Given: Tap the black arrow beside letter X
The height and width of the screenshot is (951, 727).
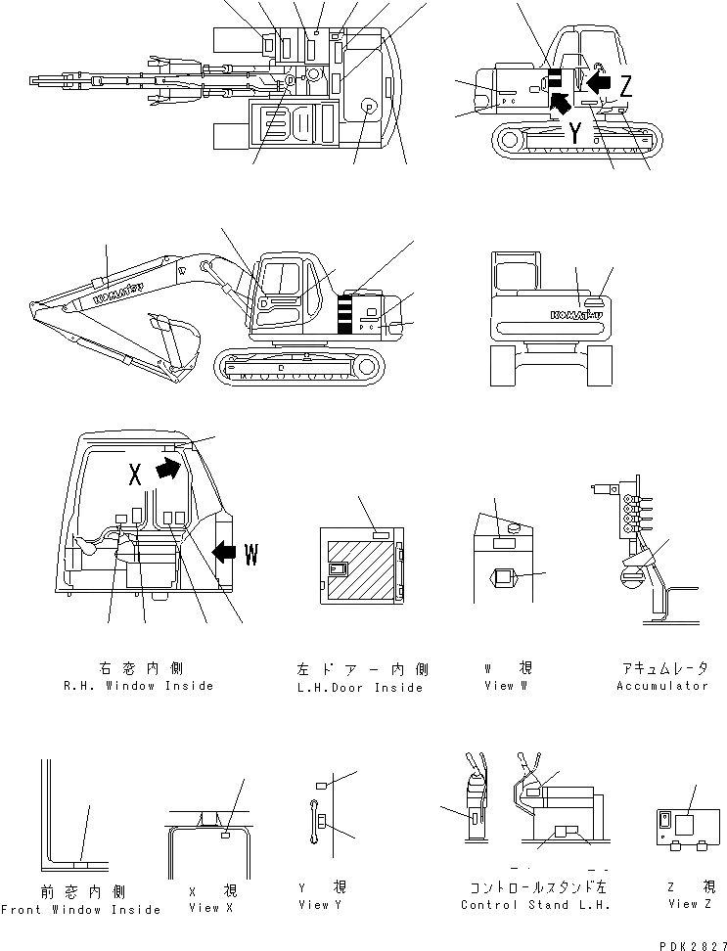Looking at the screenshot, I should click(x=168, y=471).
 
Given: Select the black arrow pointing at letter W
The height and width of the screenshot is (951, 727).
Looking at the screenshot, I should click(x=223, y=554).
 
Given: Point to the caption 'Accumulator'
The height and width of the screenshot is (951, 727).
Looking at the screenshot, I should click(x=662, y=686).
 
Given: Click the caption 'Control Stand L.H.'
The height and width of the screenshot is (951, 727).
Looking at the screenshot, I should click(x=536, y=905).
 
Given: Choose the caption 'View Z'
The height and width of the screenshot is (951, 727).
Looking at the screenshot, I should click(x=683, y=904).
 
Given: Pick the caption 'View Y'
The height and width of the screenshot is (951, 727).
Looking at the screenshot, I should click(x=322, y=905).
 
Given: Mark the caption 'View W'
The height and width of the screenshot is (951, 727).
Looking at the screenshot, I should click(x=506, y=686).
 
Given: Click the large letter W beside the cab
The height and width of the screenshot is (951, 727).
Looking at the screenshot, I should click(x=251, y=556).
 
